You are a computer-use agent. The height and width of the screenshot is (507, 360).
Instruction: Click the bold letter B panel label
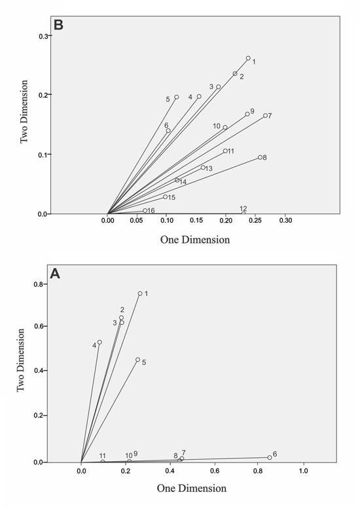[x=58, y=26]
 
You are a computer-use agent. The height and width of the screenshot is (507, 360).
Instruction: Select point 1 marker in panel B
[x=248, y=58]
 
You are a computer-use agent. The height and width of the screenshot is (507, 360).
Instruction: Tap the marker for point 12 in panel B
[x=243, y=213]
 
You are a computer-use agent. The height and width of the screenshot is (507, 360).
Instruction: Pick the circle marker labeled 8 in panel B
[x=260, y=157]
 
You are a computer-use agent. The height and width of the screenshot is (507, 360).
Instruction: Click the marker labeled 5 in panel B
[x=176, y=98]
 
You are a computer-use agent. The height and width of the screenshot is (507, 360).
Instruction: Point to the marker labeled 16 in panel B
[x=145, y=210]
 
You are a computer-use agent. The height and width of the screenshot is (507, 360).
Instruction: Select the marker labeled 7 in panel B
[x=265, y=115]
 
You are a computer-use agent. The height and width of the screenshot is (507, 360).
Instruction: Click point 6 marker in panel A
[x=269, y=457]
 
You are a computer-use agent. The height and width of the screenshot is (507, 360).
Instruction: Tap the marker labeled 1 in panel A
[x=140, y=293]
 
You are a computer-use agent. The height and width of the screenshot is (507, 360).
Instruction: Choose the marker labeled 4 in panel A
[x=99, y=342]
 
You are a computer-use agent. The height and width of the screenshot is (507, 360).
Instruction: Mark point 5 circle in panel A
[x=137, y=360]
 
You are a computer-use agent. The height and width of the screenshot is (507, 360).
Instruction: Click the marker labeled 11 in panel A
[x=103, y=461]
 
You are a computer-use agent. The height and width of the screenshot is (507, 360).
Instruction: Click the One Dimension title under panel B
[x=195, y=240]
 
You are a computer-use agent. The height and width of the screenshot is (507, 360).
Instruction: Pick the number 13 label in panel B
[x=209, y=169]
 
